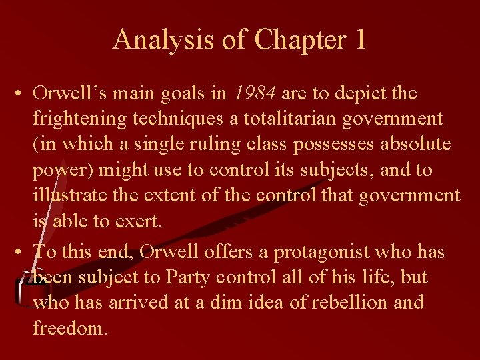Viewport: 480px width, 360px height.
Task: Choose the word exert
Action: (x=142, y=221)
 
